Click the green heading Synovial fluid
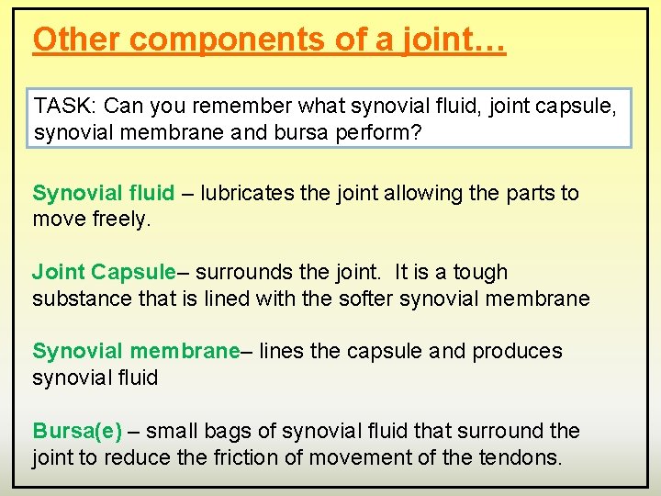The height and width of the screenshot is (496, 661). [103, 193]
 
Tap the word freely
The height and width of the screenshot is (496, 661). [126, 220]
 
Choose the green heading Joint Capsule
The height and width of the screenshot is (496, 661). [103, 272]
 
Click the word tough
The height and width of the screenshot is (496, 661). [480, 272]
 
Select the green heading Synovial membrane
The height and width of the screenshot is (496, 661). [135, 351]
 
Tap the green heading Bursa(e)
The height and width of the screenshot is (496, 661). [77, 430]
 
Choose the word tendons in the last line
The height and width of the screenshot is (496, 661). [521, 457]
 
